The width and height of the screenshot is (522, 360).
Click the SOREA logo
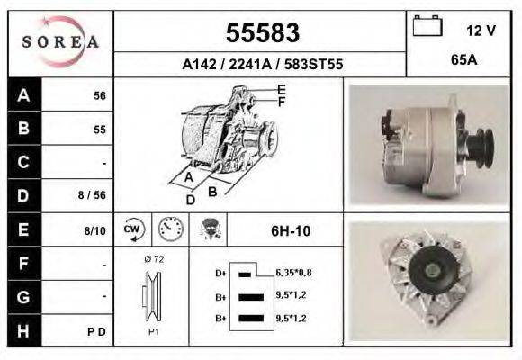[59, 43]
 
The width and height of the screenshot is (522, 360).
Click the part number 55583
[261, 33]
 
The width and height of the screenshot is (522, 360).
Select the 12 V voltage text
[481, 31]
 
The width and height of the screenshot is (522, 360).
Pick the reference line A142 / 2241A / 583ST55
[261, 65]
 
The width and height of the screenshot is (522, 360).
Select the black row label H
[22, 330]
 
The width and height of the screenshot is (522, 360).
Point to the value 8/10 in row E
[94, 230]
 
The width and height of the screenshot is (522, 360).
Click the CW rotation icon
[131, 229]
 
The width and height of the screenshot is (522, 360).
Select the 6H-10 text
[291, 230]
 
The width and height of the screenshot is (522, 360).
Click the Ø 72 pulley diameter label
[152, 258]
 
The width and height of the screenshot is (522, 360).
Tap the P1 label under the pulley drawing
[152, 331]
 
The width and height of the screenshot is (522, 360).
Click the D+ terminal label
[220, 272]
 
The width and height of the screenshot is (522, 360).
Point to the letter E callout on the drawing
[282, 89]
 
